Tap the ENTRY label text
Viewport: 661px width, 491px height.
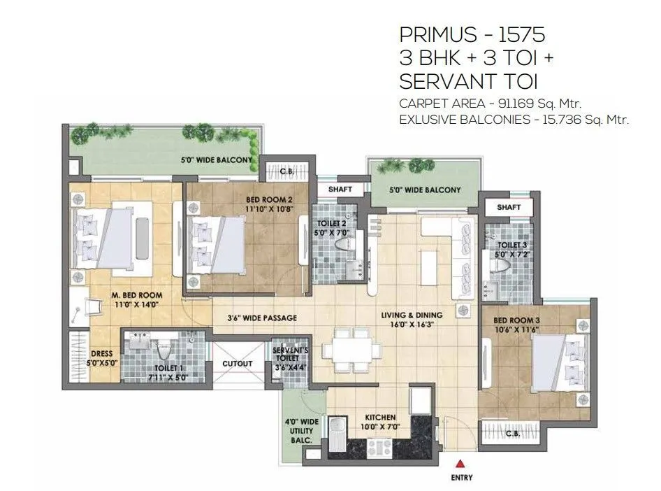click(461, 478)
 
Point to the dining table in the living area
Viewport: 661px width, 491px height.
click(351, 348)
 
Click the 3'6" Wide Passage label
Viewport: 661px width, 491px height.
click(262, 318)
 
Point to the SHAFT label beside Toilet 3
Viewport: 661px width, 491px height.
click(509, 208)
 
